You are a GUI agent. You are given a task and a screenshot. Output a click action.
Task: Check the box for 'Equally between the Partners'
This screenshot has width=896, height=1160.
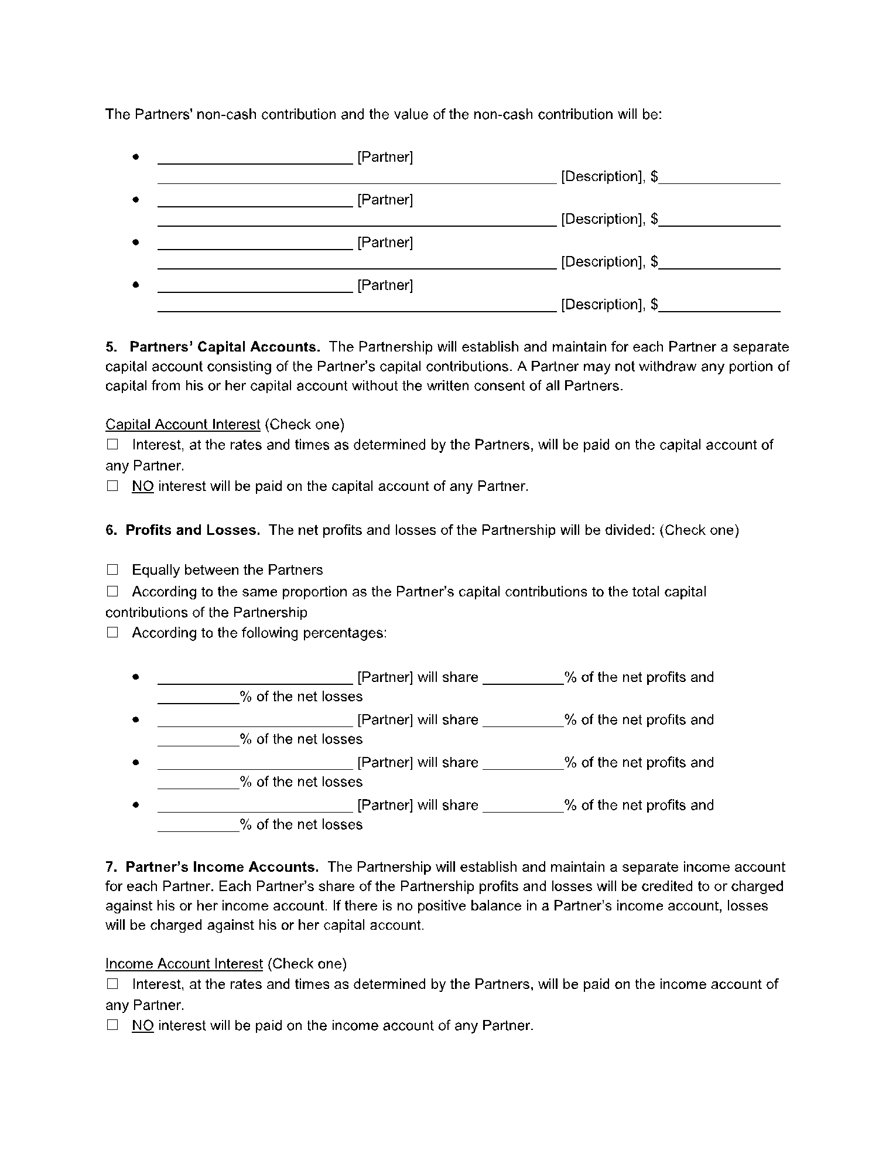[x=112, y=569]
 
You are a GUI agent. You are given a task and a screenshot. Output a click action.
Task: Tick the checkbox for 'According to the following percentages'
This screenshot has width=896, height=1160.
[x=112, y=632]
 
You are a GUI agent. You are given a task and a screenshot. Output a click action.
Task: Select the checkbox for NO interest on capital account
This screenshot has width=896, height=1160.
[x=112, y=486]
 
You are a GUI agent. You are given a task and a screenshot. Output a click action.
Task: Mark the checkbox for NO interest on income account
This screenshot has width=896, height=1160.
[x=112, y=1025]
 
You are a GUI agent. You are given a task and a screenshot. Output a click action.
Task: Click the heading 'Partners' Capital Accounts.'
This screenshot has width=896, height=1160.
[x=224, y=347]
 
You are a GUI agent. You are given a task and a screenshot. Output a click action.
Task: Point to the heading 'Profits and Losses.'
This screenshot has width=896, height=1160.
[x=193, y=530]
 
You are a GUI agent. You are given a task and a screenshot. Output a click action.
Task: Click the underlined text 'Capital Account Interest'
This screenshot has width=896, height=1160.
[x=183, y=424]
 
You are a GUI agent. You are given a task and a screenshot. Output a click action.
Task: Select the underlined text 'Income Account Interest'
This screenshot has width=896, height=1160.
[x=184, y=963]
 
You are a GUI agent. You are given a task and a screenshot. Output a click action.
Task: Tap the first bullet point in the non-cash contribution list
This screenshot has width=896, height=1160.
[x=136, y=157]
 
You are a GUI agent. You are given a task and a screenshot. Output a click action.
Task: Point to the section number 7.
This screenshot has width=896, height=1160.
[x=110, y=866]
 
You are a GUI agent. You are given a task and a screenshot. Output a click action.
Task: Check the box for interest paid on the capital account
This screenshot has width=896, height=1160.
[x=112, y=444]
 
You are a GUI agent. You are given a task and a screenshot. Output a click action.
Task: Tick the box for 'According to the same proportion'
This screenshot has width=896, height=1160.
[x=112, y=591]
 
